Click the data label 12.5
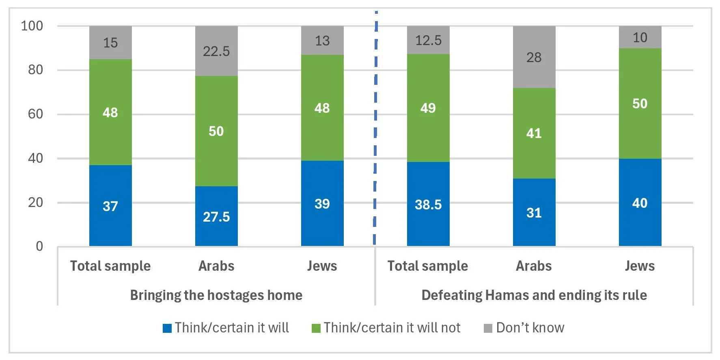(428, 40)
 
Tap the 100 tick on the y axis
(32, 26)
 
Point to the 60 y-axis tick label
(35, 114)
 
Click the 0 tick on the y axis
(39, 246)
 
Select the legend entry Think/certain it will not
(392, 328)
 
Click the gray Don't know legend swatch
(488, 328)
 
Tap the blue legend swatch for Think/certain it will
(167, 328)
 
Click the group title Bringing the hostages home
(216, 295)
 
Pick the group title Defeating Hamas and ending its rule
(534, 295)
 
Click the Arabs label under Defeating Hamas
(534, 266)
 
